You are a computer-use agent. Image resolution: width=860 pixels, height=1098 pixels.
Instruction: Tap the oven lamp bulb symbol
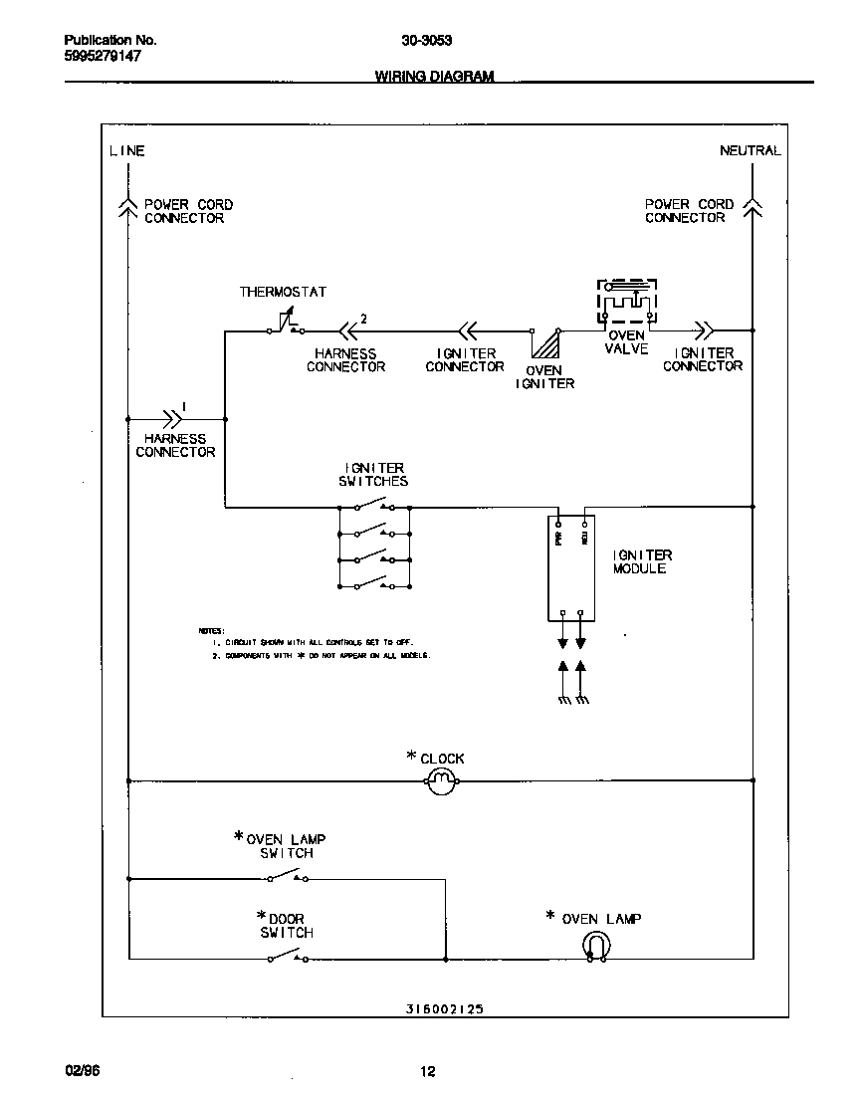tap(594, 946)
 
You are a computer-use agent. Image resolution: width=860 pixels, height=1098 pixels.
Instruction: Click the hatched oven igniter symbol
tap(544, 343)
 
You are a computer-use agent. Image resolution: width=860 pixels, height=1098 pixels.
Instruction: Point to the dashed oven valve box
tap(627, 303)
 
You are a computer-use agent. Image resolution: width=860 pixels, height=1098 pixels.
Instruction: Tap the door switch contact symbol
tap(287, 957)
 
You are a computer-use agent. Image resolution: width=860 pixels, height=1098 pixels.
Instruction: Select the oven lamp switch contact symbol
tap(287, 876)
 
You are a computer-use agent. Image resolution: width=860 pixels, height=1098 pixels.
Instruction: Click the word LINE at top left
tap(126, 151)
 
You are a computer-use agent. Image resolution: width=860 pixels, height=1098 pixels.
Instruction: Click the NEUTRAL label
tap(750, 151)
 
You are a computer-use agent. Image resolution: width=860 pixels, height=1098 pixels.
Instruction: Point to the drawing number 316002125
tap(445, 1007)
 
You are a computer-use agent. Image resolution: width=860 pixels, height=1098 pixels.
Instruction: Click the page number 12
tap(427, 1072)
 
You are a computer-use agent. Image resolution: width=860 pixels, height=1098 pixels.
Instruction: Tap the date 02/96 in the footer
tap(82, 1071)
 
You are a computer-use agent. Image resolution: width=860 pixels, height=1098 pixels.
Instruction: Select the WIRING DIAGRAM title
tap(434, 77)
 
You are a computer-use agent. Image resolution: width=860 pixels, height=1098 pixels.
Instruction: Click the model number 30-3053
tap(427, 41)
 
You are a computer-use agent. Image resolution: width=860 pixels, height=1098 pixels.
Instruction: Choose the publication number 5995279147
tap(103, 57)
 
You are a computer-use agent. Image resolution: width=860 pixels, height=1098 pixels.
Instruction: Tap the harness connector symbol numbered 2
tap(348, 329)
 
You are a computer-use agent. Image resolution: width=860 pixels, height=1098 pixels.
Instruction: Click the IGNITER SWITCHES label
tap(374, 474)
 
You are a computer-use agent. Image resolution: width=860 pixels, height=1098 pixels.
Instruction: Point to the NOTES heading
tap(211, 631)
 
